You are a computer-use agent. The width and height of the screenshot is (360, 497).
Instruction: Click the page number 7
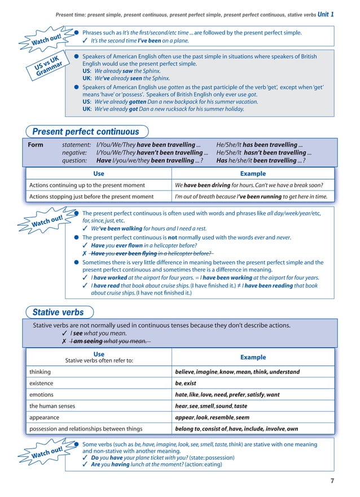(332, 481)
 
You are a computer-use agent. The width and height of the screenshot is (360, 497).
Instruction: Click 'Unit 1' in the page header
(326, 14)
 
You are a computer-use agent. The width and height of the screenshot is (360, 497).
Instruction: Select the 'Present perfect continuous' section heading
(85, 132)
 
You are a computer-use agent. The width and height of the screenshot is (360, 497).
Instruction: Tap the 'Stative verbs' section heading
(58, 312)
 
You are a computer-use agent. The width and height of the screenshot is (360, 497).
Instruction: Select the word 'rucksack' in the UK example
(171, 109)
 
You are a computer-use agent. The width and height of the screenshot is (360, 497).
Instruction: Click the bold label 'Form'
(36, 145)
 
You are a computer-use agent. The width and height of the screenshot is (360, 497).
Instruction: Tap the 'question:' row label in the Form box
(76, 161)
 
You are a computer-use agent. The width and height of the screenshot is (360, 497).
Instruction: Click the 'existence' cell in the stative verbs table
(42, 383)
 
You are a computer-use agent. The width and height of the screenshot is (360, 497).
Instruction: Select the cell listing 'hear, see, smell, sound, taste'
(211, 406)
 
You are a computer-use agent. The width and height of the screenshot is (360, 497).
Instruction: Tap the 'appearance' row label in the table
(45, 417)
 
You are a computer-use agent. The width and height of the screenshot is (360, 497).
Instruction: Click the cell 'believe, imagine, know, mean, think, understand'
(237, 372)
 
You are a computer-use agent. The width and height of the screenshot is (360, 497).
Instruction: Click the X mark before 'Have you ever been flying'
(85, 254)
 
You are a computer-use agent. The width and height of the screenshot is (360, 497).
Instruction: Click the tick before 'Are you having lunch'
(85, 464)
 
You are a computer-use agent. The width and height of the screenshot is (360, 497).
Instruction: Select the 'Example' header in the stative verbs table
(253, 357)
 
